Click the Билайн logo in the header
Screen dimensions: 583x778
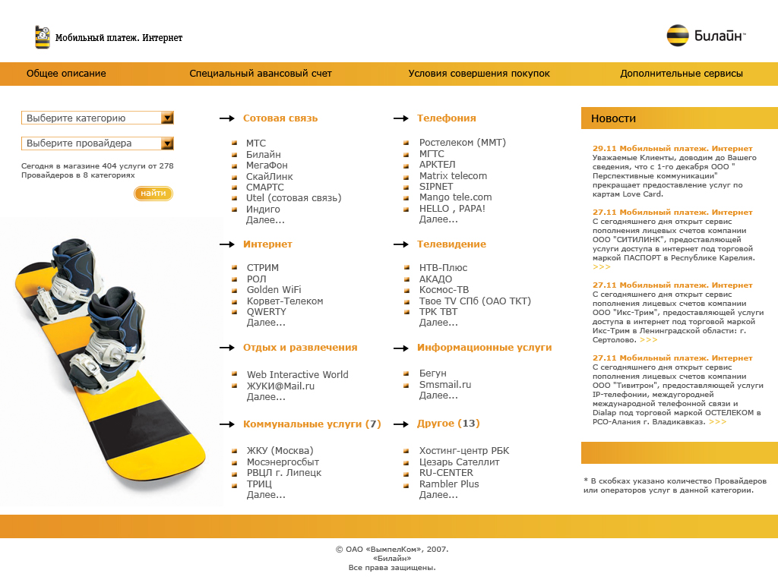tap(706, 36)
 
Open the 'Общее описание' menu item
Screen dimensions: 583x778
tap(66, 74)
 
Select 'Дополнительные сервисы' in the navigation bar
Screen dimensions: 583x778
tap(681, 74)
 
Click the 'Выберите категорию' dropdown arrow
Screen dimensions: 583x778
tap(168, 118)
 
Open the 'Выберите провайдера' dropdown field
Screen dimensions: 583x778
tap(91, 143)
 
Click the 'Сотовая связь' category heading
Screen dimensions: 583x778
tap(280, 118)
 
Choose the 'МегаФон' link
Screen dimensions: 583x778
tap(267, 165)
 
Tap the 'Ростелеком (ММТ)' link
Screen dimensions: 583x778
tap(462, 143)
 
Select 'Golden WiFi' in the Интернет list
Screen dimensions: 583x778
tap(274, 290)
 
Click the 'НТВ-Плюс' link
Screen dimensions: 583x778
tap(443, 268)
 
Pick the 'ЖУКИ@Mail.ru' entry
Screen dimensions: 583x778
tap(280, 386)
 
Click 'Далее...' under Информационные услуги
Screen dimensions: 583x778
tap(438, 395)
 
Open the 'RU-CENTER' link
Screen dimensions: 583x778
tap(446, 473)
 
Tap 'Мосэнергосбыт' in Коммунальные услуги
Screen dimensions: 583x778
tap(283, 462)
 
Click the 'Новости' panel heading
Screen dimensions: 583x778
tap(613, 118)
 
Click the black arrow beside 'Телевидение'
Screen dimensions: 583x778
tap(400, 244)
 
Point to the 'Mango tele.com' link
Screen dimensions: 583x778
tap(455, 197)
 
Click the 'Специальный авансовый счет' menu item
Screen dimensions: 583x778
tap(261, 74)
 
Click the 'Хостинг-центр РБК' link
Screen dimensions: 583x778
tap(463, 451)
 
